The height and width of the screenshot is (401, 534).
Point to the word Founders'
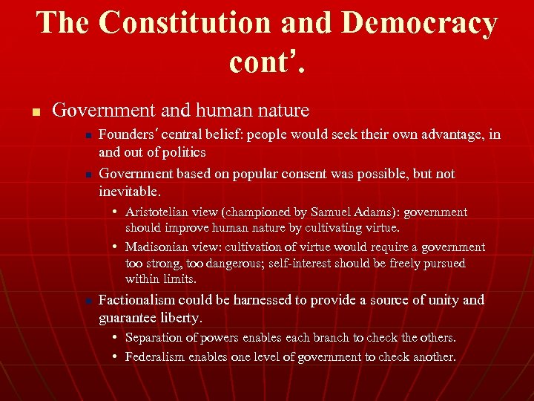pos(128,134)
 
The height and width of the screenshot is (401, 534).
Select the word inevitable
pos(128,191)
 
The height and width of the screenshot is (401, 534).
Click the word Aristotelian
pos(161,212)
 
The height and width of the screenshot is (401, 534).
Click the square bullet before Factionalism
pos(88,301)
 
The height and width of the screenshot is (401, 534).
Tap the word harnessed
pos(258,300)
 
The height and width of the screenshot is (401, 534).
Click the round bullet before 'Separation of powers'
pos(116,338)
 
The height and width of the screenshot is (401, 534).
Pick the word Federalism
pos(154,356)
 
